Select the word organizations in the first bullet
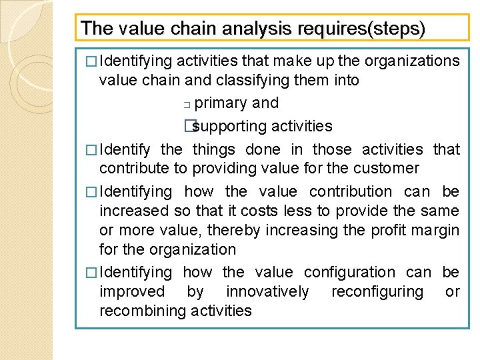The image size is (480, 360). click(413, 61)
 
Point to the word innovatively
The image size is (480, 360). click(267, 291)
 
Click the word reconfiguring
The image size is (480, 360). click(377, 291)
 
